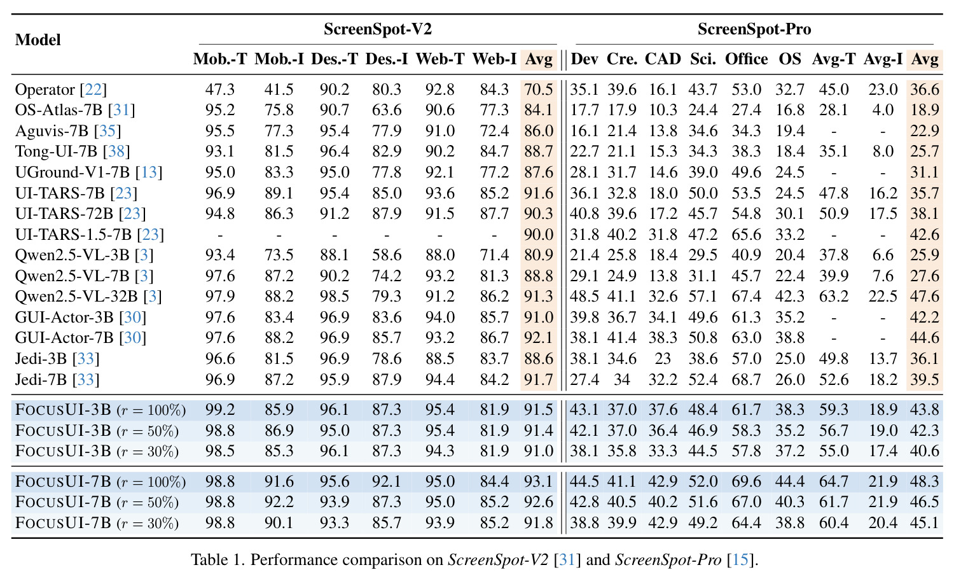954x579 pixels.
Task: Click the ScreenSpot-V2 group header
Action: pyautogui.click(x=378, y=29)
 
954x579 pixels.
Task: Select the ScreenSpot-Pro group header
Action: pyautogui.click(x=754, y=29)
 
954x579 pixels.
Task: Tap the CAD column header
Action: pyautogui.click(x=663, y=59)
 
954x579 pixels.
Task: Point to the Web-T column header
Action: pyautogui.click(x=440, y=59)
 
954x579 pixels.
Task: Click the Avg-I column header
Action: pyautogui.click(x=883, y=59)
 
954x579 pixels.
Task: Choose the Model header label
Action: pyautogui.click(x=38, y=39)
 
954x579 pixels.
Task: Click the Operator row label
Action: pyautogui.click(x=61, y=90)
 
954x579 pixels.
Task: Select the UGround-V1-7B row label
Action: pyautogui.click(x=88, y=172)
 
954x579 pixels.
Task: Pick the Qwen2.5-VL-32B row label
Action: pyautogui.click(x=88, y=296)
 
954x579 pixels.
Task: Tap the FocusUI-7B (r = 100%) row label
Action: pyautogui.click(x=100, y=482)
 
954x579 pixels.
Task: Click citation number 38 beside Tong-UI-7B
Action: pyautogui.click(x=116, y=151)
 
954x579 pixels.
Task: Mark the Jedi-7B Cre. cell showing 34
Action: pyautogui.click(x=622, y=379)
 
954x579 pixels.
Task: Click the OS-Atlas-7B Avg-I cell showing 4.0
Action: pyautogui.click(x=883, y=110)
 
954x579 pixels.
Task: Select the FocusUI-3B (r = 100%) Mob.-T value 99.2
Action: pyautogui.click(x=220, y=409)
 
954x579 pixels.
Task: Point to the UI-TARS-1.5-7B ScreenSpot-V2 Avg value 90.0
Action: pyautogui.click(x=538, y=234)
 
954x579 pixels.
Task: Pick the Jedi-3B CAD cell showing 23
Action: pyautogui.click(x=663, y=358)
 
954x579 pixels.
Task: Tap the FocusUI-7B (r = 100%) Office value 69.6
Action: pyautogui.click(x=746, y=482)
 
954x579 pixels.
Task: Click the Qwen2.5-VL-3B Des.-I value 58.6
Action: pyautogui.click(x=387, y=255)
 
